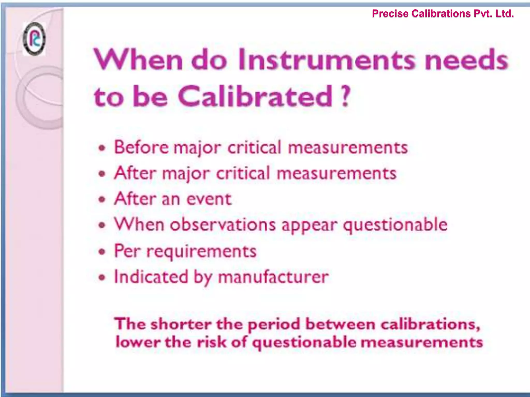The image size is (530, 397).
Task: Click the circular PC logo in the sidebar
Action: [34, 39]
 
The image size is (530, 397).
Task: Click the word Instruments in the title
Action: [327, 60]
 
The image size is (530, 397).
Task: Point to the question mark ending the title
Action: [345, 96]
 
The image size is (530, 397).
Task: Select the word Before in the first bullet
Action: [141, 147]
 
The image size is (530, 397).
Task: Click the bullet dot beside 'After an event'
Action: [103, 200]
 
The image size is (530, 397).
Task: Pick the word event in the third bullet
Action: [209, 199]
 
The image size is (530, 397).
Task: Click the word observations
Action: [223, 224]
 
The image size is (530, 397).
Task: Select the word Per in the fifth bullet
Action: [127, 251]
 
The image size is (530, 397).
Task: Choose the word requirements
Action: [201, 251]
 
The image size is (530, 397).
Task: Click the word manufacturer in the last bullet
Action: [273, 277]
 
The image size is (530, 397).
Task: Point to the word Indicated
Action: [151, 277]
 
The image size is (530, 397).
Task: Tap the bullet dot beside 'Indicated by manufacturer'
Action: [103, 278]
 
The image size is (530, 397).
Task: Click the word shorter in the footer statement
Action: [181, 324]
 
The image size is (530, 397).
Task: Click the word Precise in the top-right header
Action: [391, 13]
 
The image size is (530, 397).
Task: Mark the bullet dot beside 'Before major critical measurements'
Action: [103, 148]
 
